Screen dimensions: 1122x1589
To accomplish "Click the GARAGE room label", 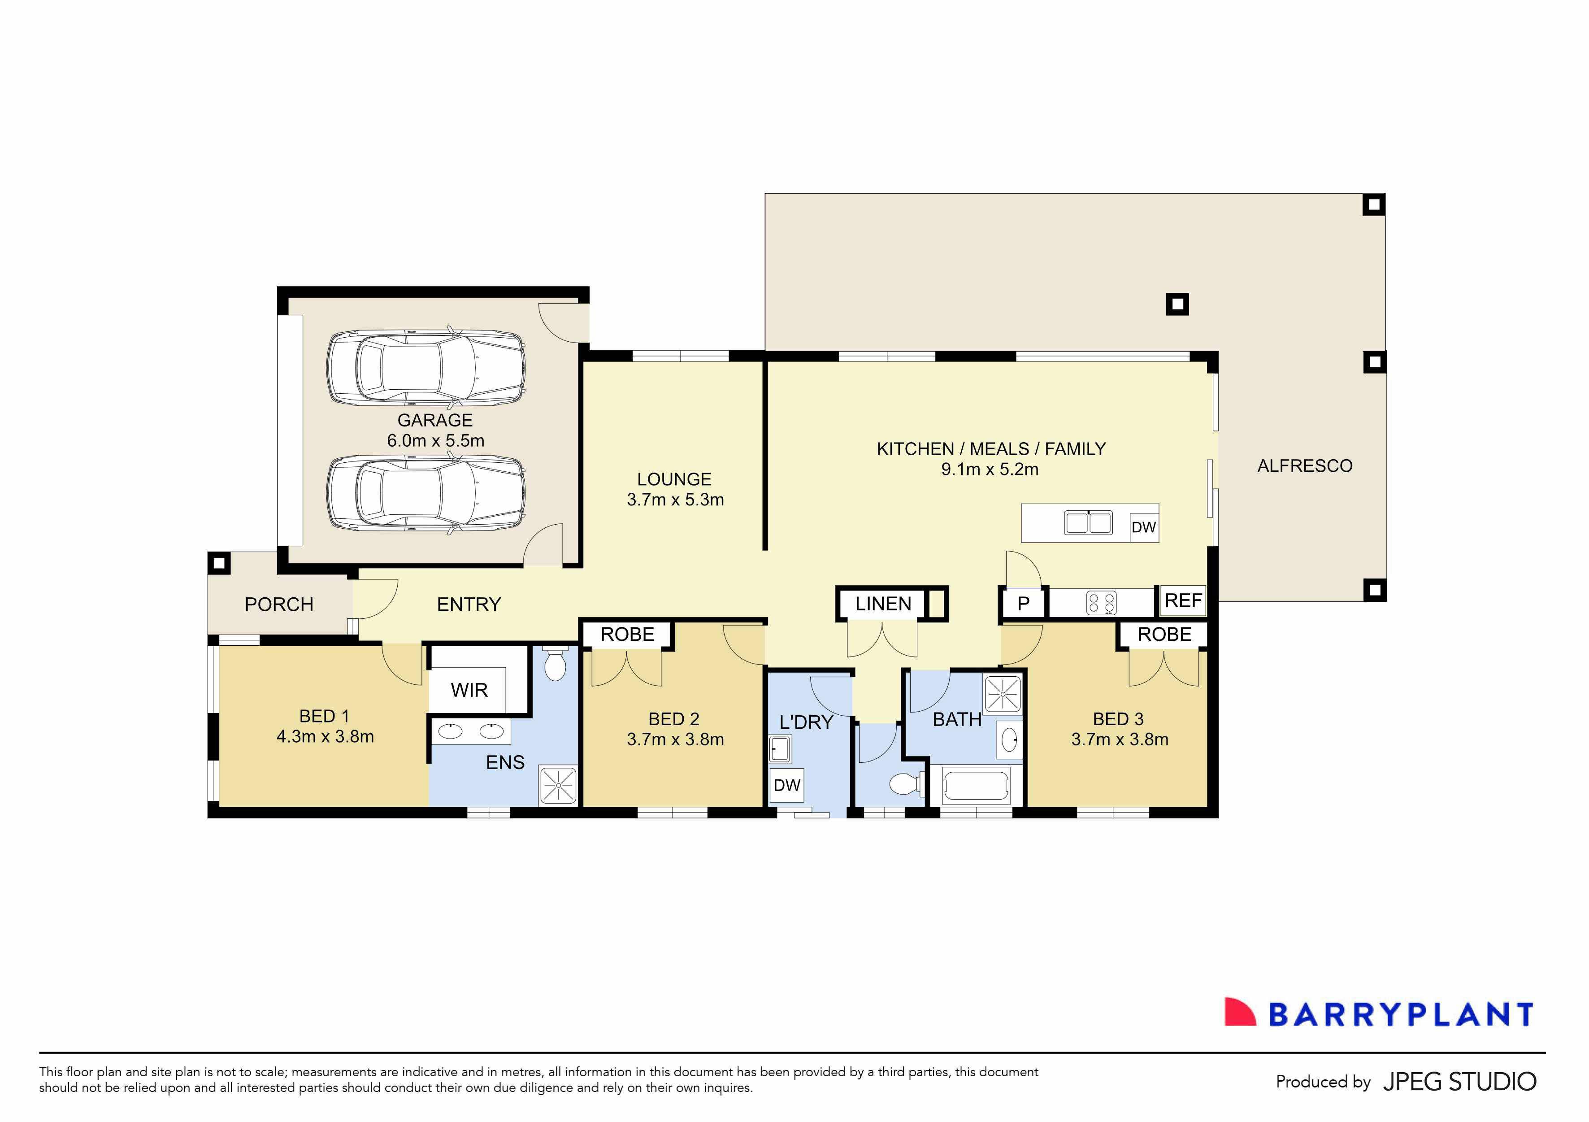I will point(434,420).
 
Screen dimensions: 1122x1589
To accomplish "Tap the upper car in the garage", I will point(425,368).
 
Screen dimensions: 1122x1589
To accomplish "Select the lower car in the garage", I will point(425,494).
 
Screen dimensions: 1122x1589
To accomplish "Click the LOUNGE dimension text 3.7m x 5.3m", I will point(675,500).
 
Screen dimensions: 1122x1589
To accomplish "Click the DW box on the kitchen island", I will point(1143,527).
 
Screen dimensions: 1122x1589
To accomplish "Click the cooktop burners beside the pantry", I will point(1101,603).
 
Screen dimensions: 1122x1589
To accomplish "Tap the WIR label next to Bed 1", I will point(469,690).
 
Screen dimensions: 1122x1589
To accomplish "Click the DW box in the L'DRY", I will point(787,785).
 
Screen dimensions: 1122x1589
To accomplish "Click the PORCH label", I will point(279,604).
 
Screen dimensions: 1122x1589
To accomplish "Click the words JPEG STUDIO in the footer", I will point(1459,1082).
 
